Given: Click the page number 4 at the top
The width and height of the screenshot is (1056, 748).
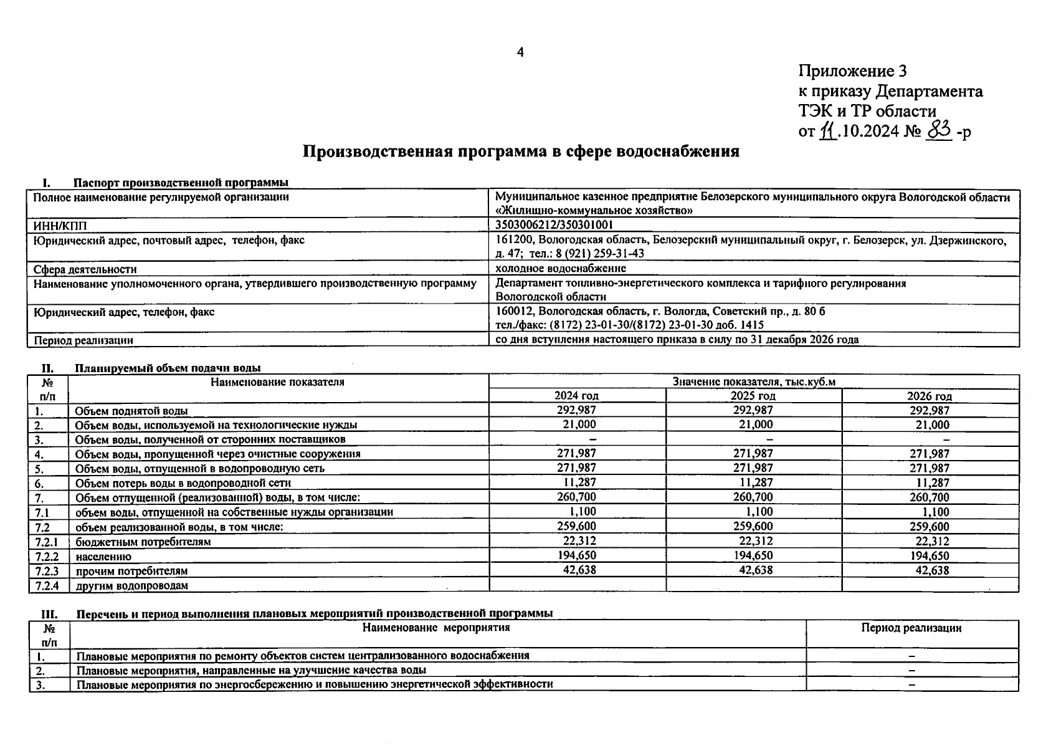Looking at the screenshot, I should tap(521, 53).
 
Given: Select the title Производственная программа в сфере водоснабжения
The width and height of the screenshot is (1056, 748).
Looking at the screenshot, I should tap(521, 151).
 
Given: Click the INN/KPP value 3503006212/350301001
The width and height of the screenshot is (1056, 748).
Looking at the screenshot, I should tap(558, 225).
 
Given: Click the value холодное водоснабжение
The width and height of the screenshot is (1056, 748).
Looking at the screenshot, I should tap(560, 269).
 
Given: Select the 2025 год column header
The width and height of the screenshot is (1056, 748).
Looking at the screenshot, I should tap(753, 396).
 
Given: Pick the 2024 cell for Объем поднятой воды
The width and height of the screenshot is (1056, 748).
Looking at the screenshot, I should tap(576, 410).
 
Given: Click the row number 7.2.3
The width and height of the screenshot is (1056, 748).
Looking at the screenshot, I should tap(47, 571).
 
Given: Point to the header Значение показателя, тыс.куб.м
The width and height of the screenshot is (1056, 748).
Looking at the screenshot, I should tap(753, 381).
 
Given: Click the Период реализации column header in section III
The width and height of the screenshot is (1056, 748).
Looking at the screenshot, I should tap(911, 628).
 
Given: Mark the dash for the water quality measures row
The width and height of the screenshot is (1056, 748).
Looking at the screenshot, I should tap(911, 671).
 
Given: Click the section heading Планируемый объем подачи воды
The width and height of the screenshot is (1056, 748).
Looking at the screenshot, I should tap(168, 368).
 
